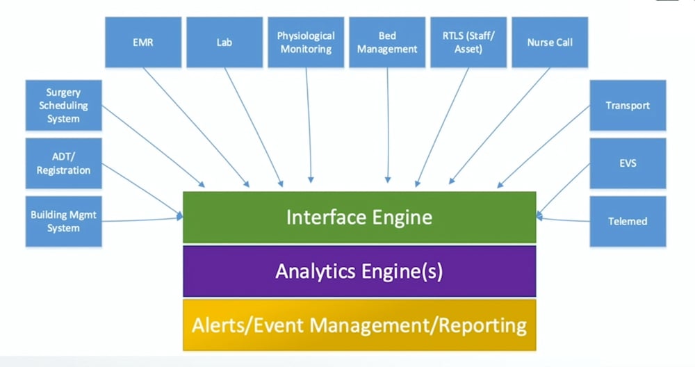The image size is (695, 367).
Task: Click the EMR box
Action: click(x=143, y=42)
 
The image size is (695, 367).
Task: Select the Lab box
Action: click(x=224, y=42)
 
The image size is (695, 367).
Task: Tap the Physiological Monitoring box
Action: click(x=306, y=42)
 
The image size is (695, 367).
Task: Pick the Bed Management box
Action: click(x=387, y=42)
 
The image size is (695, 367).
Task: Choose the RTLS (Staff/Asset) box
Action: click(x=468, y=42)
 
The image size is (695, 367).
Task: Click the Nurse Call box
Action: click(x=550, y=42)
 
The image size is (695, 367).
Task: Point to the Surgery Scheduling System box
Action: click(x=63, y=106)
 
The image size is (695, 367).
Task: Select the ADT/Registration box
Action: click(x=63, y=163)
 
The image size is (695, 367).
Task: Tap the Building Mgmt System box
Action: click(x=63, y=221)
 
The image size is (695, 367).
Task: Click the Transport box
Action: click(x=628, y=106)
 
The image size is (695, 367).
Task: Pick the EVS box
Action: click(x=628, y=163)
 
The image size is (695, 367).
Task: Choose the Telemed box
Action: click(x=628, y=221)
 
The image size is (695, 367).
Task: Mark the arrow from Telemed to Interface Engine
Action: click(x=563, y=220)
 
